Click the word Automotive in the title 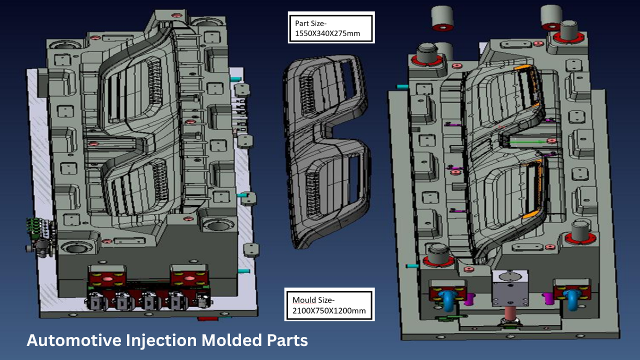coord(74,340)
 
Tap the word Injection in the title coord(161,341)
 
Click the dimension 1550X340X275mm coord(327,33)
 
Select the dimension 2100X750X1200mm coord(329,310)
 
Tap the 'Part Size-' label coord(310,23)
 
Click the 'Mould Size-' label coord(313,300)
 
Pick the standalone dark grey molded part coord(326,151)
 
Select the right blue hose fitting coord(572,300)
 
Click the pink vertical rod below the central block coord(510,313)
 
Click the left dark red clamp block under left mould coord(107,278)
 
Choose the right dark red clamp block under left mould coord(188,278)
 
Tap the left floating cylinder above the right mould coord(442,18)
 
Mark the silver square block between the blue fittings coord(510,287)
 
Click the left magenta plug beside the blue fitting coord(468,299)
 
